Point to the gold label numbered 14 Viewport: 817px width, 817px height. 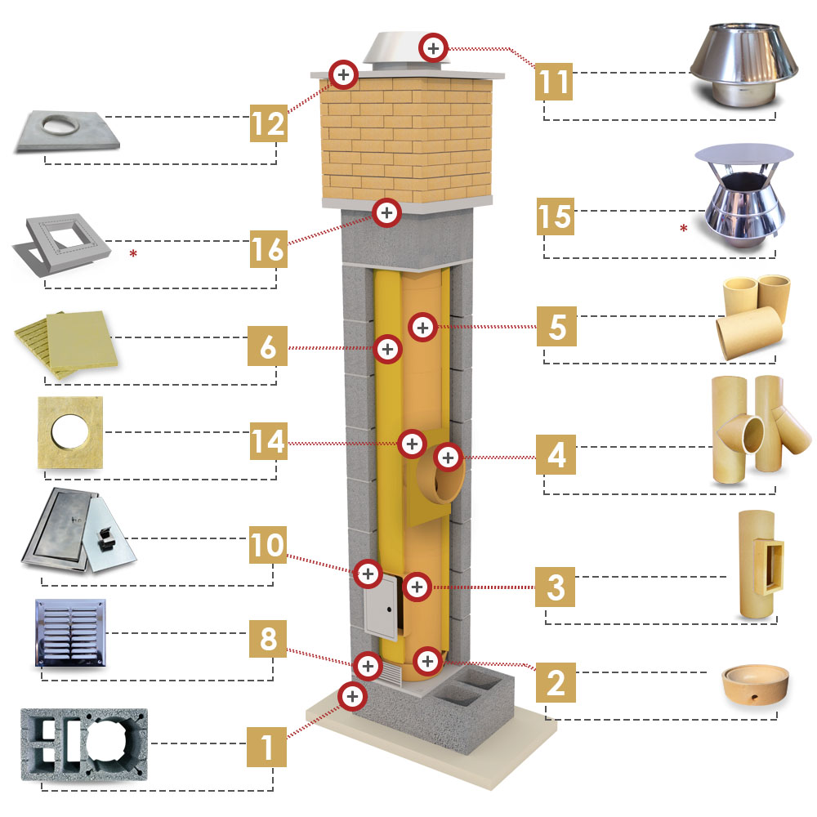268,442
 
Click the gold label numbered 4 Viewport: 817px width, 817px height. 556,453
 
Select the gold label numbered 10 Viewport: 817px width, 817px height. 268,545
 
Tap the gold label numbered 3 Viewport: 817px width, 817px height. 556,587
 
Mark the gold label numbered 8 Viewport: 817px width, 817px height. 268,640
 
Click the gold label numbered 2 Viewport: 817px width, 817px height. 556,681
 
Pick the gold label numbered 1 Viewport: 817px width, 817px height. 268,746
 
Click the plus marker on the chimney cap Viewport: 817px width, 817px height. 433,47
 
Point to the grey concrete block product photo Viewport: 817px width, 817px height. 84,750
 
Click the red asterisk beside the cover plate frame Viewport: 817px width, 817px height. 133,254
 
